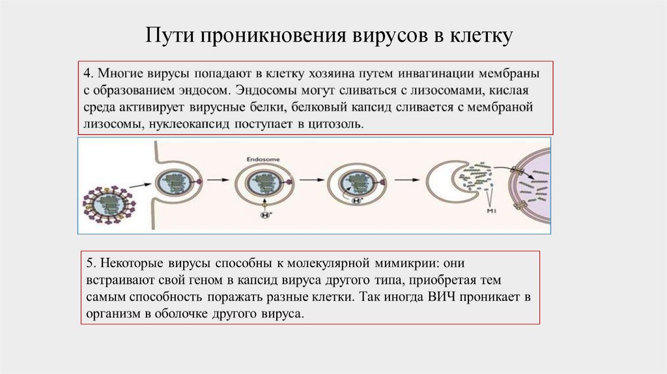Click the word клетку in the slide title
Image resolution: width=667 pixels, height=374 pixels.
coord(482,35)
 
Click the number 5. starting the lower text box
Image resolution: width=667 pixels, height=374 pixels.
coord(90,262)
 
